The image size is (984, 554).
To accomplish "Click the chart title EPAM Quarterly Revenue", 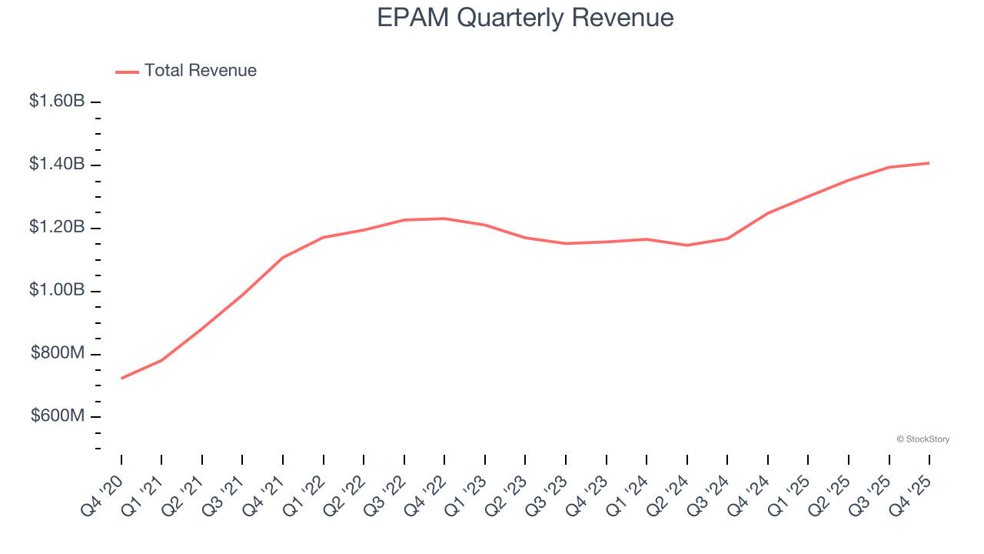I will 525,18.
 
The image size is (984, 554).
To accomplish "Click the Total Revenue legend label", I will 200,71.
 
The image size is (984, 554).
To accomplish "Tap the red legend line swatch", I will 127,72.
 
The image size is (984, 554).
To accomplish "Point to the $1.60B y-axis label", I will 57,101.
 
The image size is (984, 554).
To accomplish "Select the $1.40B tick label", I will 57,164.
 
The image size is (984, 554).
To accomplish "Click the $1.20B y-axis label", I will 57,227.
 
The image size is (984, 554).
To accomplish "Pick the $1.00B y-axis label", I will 57,290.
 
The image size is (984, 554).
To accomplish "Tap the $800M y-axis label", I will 58,353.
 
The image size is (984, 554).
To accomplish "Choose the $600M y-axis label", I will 58,416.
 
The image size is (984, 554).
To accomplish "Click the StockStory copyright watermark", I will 922,439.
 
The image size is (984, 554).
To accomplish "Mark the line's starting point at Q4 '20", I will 121,379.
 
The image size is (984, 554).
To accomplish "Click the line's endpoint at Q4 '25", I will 929,163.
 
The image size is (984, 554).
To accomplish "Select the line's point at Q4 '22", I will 444,219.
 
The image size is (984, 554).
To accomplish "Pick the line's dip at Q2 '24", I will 686,245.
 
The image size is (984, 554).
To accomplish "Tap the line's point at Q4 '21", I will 283,258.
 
